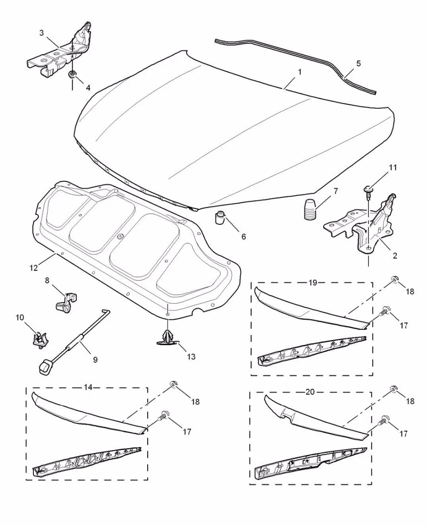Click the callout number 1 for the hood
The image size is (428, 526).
pyautogui.click(x=300, y=72)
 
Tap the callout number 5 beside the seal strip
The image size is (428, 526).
pyautogui.click(x=359, y=64)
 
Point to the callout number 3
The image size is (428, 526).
pyautogui.click(x=42, y=33)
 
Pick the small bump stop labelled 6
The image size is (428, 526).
pyautogui.click(x=220, y=217)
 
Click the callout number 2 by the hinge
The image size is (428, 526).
pyautogui.click(x=395, y=256)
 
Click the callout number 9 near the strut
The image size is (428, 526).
pyautogui.click(x=95, y=359)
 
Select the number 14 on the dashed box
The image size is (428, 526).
pyautogui.click(x=88, y=387)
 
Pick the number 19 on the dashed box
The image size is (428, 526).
pyautogui.click(x=313, y=282)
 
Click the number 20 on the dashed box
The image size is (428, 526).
pyautogui.click(x=310, y=392)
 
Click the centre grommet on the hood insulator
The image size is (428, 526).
pyautogui.click(x=121, y=237)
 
